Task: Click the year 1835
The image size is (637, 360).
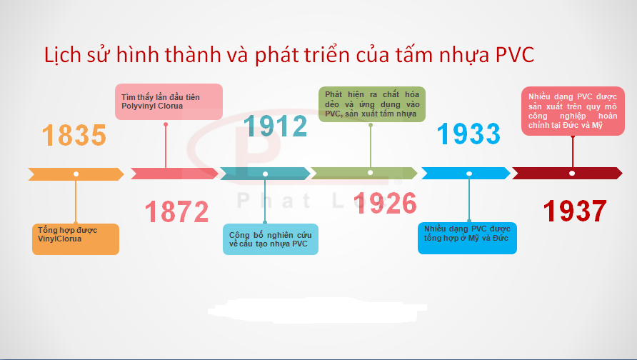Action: (74, 135)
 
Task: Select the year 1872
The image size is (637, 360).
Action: (176, 211)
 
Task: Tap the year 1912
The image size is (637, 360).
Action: (275, 126)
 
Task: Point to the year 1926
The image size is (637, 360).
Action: (385, 203)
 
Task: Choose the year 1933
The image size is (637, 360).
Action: (468, 134)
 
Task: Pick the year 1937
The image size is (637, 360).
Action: (575, 211)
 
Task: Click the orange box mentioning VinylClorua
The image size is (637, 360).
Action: (76, 239)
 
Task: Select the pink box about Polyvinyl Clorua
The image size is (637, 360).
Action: (169, 102)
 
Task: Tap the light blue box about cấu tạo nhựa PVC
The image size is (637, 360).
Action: (271, 239)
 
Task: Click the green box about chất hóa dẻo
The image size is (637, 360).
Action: (372, 104)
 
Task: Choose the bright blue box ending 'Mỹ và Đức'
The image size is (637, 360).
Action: (467, 238)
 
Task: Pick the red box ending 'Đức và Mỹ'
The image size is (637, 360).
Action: (573, 111)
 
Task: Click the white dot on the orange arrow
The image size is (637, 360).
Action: (76, 174)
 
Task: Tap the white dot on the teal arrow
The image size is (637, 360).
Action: (265, 174)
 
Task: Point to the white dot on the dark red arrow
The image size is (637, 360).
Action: (572, 173)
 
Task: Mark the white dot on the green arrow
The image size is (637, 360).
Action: (370, 173)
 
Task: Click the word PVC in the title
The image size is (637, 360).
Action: (515, 55)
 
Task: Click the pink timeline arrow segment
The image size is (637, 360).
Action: (174, 174)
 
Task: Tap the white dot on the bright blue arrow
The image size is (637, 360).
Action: (469, 174)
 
